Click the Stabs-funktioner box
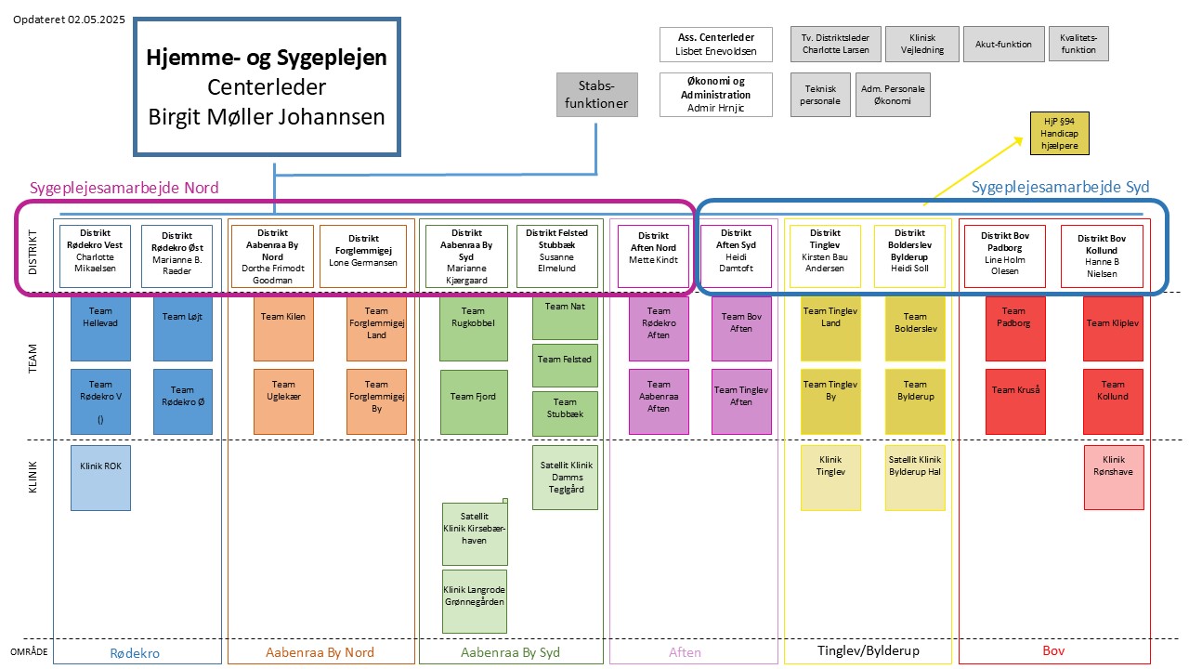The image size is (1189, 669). (x=596, y=95)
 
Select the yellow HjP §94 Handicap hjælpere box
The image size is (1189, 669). (x=1059, y=133)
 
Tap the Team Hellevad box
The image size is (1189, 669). (x=100, y=329)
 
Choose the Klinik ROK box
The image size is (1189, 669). (x=100, y=478)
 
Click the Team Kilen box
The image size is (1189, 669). (x=283, y=329)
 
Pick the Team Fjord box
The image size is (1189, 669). (x=474, y=402)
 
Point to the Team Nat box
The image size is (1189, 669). (x=565, y=318)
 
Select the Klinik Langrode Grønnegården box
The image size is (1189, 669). (x=475, y=601)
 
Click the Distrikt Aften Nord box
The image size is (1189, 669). (x=653, y=256)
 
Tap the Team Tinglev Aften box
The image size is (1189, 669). (x=741, y=402)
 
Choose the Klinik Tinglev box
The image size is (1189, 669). (x=830, y=478)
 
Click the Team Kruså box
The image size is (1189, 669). (x=1015, y=402)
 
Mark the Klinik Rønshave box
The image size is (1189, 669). (x=1114, y=478)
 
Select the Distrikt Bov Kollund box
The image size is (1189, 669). (x=1102, y=256)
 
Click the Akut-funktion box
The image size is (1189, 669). (x=1004, y=44)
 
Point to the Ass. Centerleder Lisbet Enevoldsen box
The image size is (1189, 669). (x=716, y=45)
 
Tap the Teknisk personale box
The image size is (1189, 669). (x=820, y=95)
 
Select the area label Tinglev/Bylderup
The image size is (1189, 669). (x=869, y=650)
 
